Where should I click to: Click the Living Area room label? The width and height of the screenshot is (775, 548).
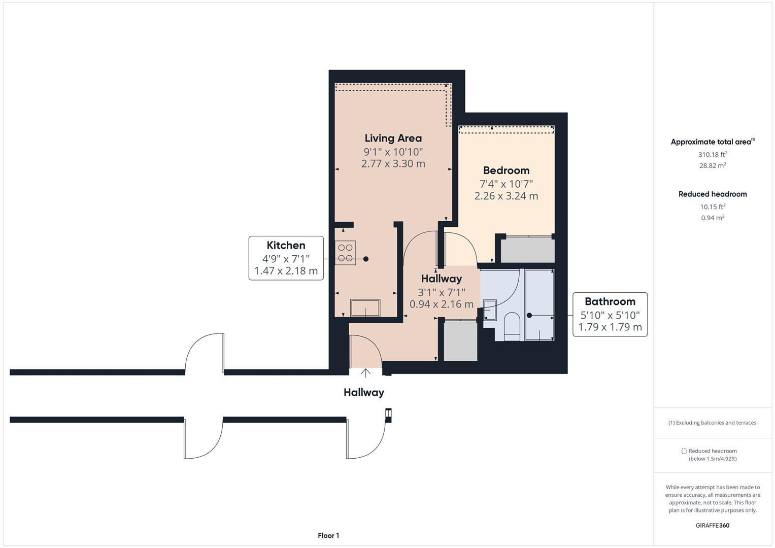[x=393, y=138]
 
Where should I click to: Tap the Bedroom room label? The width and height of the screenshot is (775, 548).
[x=506, y=170]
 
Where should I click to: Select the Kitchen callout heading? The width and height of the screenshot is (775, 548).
[x=286, y=246]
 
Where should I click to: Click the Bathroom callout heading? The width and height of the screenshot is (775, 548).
[x=610, y=302]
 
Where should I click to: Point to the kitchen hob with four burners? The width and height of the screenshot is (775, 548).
[x=345, y=253]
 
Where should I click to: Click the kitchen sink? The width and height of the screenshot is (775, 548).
[x=365, y=308]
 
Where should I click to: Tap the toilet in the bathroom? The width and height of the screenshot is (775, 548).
[x=512, y=325]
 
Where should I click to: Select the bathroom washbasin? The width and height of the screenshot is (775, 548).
[x=490, y=309]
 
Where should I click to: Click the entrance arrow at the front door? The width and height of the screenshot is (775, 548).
[x=365, y=373]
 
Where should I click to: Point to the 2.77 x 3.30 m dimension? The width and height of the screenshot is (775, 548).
[x=393, y=163]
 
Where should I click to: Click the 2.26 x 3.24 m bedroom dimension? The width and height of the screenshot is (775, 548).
[x=506, y=196]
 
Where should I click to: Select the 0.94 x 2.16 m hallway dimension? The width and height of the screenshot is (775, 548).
[x=441, y=304]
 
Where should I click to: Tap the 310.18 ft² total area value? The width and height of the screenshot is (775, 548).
[x=712, y=155]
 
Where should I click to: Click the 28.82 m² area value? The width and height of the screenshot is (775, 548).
[x=712, y=165]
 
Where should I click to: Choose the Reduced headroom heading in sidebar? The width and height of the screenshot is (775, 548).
[x=712, y=194]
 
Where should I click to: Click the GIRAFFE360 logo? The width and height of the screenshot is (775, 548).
[x=712, y=525]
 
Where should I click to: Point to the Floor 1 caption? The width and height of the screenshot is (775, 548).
[x=328, y=535]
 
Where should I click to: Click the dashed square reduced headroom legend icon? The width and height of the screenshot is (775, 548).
[x=684, y=451]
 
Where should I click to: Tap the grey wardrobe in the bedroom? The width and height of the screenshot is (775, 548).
[x=527, y=250]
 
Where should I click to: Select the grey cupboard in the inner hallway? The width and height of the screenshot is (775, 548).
[x=460, y=340]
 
